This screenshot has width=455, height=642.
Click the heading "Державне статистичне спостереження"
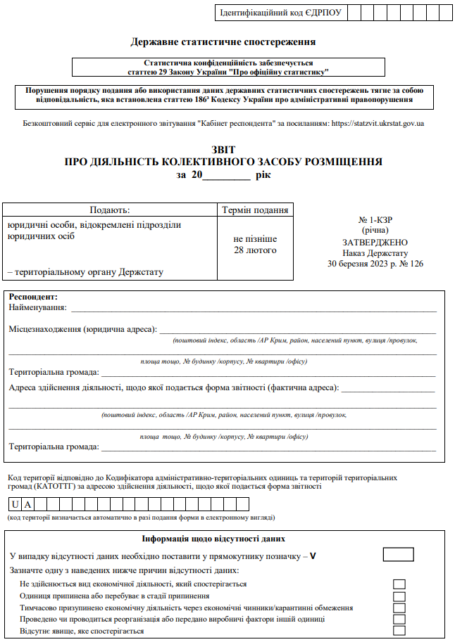pos(223,42)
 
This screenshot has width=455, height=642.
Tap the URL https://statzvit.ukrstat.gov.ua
pos(378,123)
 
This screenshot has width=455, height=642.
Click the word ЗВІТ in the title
pos(223,150)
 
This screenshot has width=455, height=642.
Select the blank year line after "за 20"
pos(226,174)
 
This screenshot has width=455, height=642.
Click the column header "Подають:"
pos(110,210)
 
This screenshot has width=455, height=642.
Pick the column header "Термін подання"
pos(255,210)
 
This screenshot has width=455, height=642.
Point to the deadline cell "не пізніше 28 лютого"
pos(255,245)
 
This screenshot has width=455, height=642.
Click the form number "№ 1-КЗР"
pos(375,219)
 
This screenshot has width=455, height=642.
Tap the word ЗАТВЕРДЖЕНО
pos(375,242)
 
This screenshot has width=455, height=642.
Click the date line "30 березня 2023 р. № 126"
pos(375,264)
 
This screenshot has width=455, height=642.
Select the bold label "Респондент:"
pos(33,297)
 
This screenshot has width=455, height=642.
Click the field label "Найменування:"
pos(37,307)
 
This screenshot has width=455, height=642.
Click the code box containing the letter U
pos(15,503)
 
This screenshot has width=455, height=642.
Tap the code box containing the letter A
pos(28,503)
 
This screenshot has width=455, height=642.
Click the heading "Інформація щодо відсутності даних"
pos(213,539)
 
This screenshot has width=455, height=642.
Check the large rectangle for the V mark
pos(398,554)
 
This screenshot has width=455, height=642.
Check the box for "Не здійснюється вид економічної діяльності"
pos(399,584)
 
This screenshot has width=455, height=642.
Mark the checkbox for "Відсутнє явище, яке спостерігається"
pos(399,631)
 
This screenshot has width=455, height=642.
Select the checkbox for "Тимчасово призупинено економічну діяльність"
pos(399,608)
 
